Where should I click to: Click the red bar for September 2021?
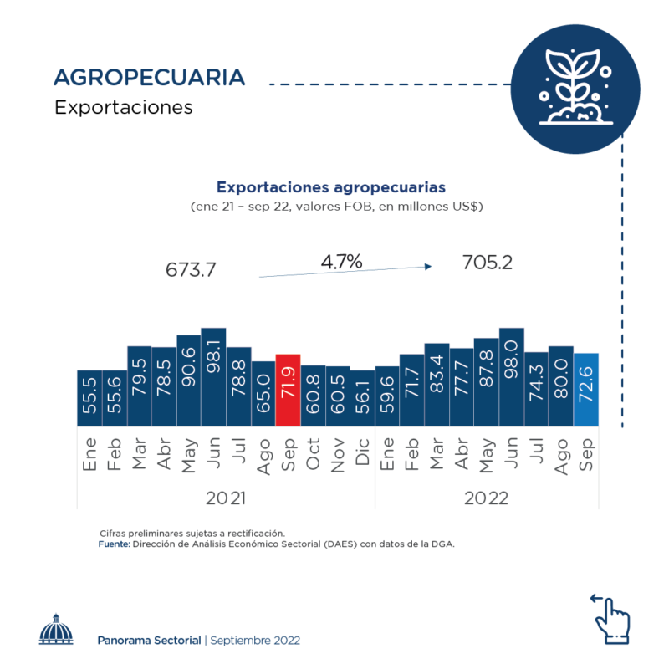288,390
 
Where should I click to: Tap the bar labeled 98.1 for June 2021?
213,376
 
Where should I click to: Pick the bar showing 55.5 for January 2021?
89,398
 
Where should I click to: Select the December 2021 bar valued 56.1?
362,398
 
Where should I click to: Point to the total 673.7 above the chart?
192,270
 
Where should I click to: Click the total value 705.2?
487,263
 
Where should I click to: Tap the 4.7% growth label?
341,262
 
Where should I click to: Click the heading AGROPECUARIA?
149,78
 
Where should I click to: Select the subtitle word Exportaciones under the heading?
123,108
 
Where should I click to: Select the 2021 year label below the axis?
226,498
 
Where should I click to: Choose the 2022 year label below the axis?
487,498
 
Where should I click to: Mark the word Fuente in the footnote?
114,544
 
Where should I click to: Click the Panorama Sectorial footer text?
149,640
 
